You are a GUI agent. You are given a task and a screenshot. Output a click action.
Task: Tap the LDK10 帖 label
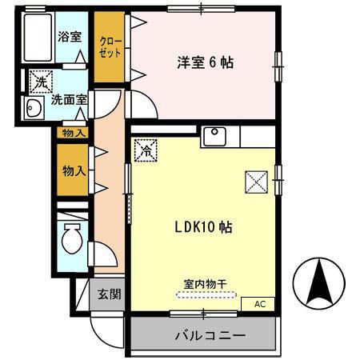202,226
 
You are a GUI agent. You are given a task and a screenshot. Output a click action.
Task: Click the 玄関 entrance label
110,294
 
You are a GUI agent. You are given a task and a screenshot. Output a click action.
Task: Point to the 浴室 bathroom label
70,36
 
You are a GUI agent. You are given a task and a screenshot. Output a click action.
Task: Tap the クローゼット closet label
110,46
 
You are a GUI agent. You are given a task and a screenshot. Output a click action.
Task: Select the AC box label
259,304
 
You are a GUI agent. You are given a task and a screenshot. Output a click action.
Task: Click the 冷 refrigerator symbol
146,150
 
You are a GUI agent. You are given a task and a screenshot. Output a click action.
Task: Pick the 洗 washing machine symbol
39,80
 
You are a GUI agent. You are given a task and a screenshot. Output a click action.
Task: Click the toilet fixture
71,238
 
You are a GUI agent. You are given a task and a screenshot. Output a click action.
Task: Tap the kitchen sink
214,136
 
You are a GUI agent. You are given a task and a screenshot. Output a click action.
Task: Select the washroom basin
34,110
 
